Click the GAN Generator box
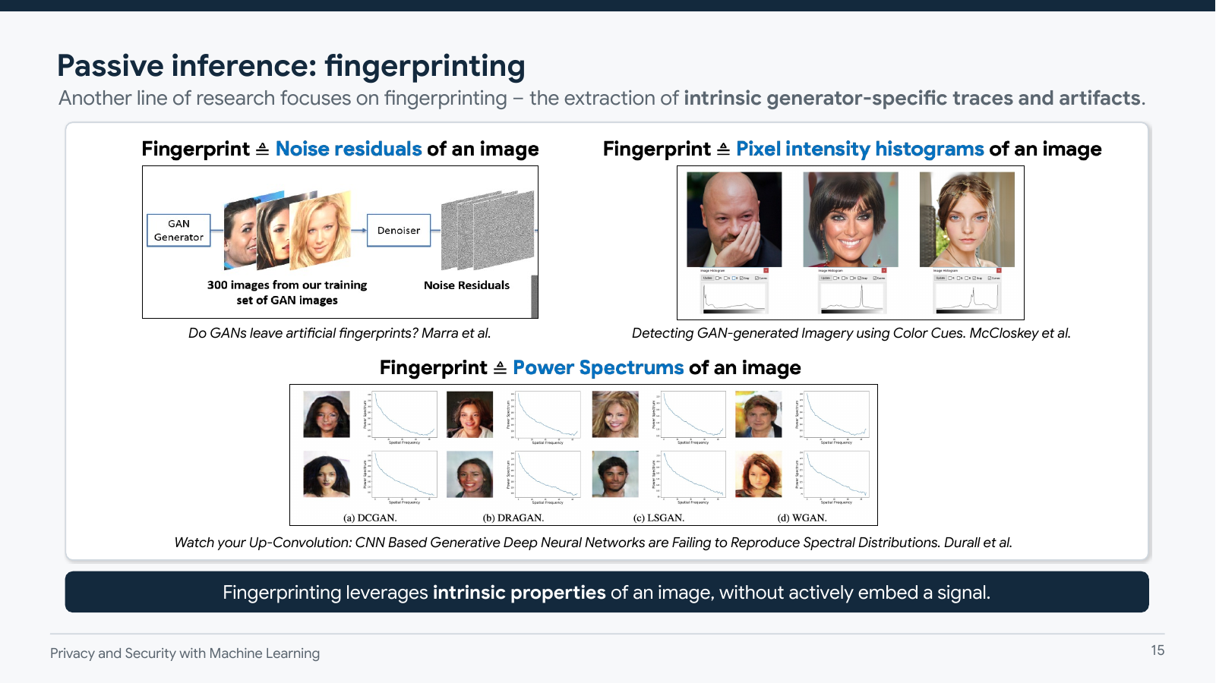click(178, 231)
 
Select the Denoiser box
click(399, 231)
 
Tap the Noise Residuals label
click(466, 285)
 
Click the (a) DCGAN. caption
click(370, 518)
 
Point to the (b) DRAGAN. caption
click(513, 518)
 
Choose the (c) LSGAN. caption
click(659, 518)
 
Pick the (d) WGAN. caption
click(802, 518)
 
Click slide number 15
click(1158, 650)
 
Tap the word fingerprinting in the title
click(425, 67)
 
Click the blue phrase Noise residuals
click(349, 149)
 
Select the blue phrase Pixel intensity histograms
click(860, 149)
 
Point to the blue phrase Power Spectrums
click(599, 367)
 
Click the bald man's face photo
click(734, 219)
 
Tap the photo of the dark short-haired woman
click(851, 219)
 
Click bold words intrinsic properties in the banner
click(520, 593)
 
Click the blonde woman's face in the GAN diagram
click(321, 229)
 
